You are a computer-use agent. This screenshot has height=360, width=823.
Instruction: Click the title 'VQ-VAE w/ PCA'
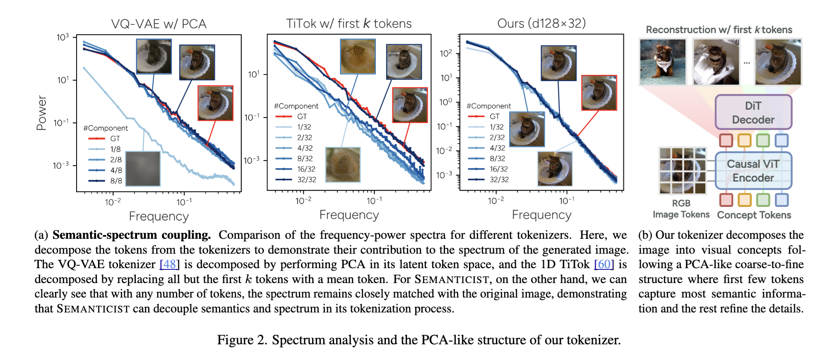click(x=159, y=24)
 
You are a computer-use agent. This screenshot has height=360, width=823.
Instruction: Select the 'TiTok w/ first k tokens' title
click(x=349, y=24)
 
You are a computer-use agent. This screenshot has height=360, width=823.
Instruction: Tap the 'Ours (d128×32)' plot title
click(x=541, y=23)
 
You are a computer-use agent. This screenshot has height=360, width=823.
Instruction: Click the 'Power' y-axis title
click(x=41, y=113)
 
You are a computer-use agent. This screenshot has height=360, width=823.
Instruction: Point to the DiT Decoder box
click(x=753, y=113)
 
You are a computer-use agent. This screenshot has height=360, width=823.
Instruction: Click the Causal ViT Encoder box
click(x=753, y=171)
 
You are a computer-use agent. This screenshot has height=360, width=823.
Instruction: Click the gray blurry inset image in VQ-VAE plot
click(x=143, y=168)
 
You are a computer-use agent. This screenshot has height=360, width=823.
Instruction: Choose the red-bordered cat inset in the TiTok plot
click(x=409, y=105)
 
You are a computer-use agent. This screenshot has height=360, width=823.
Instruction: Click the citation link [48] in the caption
click(x=169, y=264)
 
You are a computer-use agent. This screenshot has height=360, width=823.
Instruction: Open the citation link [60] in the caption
click(x=604, y=264)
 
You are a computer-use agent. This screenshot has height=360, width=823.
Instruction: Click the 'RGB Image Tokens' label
click(x=681, y=209)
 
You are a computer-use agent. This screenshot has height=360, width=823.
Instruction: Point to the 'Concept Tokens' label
click(x=754, y=215)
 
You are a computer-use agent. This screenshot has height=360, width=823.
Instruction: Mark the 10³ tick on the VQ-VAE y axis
click(x=63, y=38)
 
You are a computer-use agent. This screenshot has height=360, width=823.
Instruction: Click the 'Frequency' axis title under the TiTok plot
click(x=349, y=215)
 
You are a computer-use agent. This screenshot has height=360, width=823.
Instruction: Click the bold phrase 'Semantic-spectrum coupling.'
click(x=132, y=235)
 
